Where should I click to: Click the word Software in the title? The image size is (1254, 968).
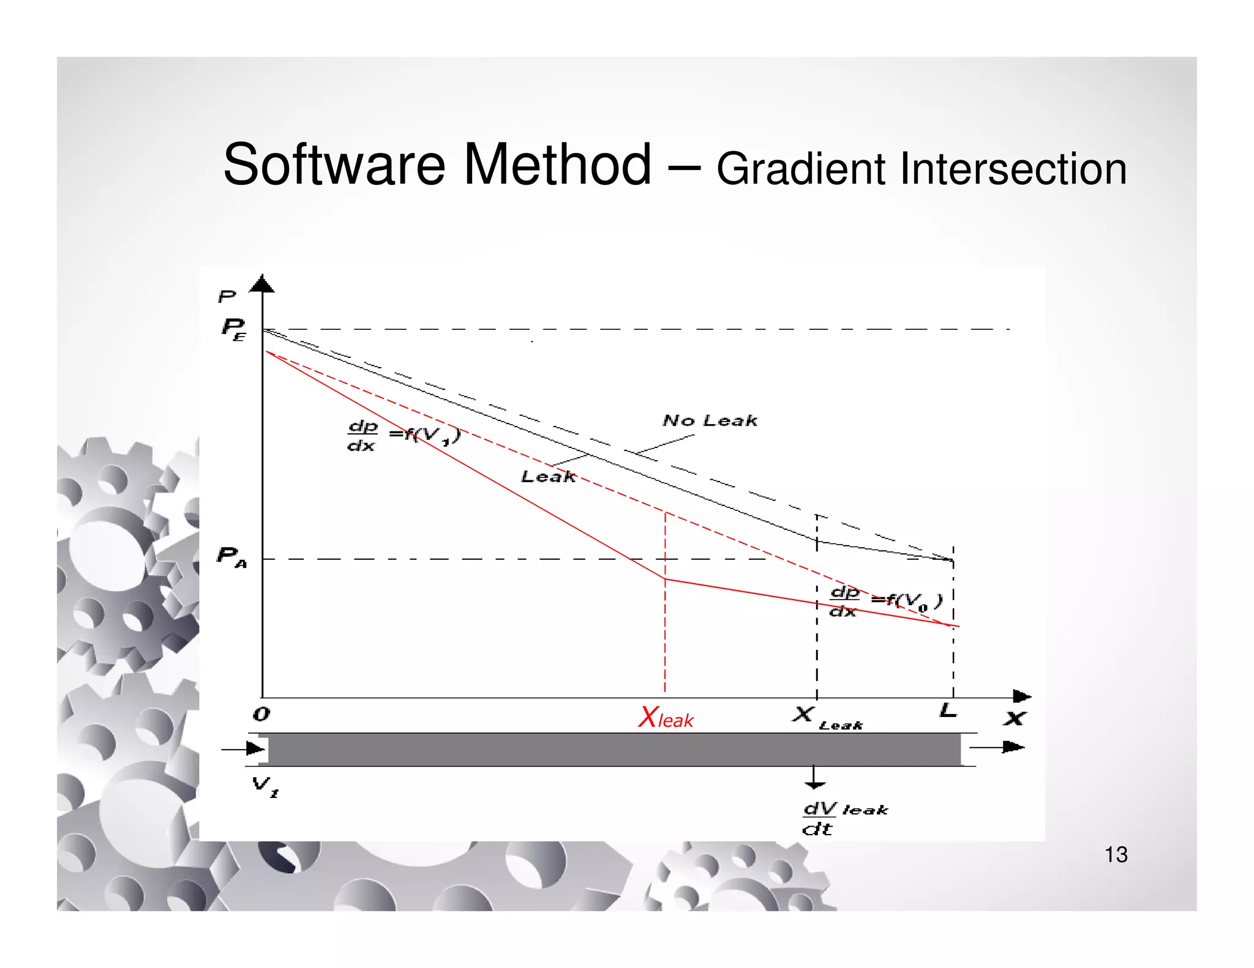pos(334,165)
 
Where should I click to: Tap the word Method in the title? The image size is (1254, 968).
pos(557,165)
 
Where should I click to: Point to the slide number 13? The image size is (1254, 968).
pos(1116,854)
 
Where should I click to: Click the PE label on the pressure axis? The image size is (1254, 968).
pos(233,329)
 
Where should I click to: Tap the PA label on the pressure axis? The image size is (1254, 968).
pos(231,557)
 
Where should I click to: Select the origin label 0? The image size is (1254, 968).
pos(261,714)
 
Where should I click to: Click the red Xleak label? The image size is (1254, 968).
pos(666,718)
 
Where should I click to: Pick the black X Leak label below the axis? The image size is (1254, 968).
pos(827,718)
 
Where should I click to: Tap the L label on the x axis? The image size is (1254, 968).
pos(948,711)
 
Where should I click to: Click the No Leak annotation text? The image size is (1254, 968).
pos(710,421)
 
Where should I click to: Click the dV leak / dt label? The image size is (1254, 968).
pos(844,819)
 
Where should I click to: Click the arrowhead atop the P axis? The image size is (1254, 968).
pos(263,284)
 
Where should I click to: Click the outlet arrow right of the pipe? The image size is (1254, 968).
pos(998,747)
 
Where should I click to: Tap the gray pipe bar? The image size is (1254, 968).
pos(612,749)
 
